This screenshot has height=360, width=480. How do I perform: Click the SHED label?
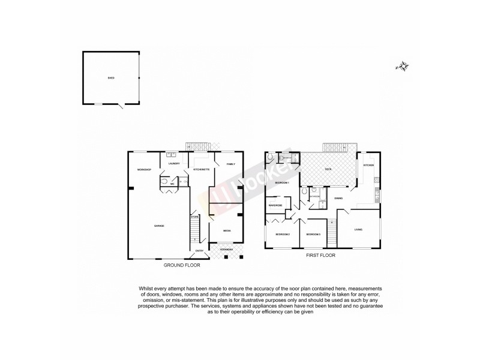pyautogui.click(x=110, y=78)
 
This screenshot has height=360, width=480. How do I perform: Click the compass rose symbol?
pyautogui.click(x=402, y=67)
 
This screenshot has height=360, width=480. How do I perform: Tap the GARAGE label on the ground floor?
pyautogui.click(x=159, y=226)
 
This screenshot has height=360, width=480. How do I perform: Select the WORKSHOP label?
pyautogui.click(x=143, y=170)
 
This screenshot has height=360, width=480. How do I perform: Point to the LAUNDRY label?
pyautogui.click(x=175, y=164)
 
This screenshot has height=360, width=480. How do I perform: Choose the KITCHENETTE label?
pyautogui.click(x=201, y=170)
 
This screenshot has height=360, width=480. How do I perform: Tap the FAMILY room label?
pyautogui.click(x=230, y=164)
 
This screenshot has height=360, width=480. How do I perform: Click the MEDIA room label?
pyautogui.click(x=227, y=230)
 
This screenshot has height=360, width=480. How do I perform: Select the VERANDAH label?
pyautogui.click(x=227, y=248)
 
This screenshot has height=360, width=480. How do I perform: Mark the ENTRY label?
pyautogui.click(x=199, y=251)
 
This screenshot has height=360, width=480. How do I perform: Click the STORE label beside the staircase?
pyautogui.click(x=194, y=217)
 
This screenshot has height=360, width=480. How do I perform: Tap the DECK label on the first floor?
pyautogui.click(x=328, y=170)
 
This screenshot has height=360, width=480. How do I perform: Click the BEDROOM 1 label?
pyautogui.click(x=282, y=182)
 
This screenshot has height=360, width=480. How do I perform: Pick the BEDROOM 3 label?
pyautogui.click(x=313, y=234)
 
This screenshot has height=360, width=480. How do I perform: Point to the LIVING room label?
pyautogui.click(x=358, y=229)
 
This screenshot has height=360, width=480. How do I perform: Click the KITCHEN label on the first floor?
pyautogui.click(x=368, y=165)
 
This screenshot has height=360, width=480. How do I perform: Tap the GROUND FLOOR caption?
pyautogui.click(x=182, y=264)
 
